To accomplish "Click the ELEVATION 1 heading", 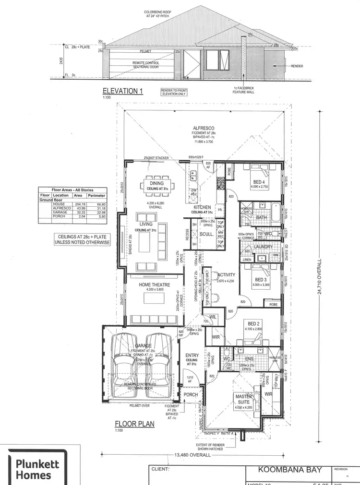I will [123, 91].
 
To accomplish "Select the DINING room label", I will [156, 183].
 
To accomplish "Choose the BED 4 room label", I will [259, 182].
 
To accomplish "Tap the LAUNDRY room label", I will [263, 247].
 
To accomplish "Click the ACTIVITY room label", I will [226, 275].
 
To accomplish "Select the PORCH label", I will [191, 395].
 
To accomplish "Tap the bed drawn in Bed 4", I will [262, 171].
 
